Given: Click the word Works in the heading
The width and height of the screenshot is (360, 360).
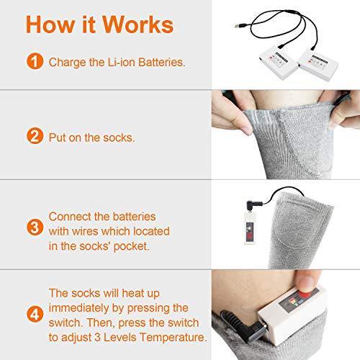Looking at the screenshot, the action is [138, 24].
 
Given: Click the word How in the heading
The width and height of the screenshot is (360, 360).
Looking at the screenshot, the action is [50, 24].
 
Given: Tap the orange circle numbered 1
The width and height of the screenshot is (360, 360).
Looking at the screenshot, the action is [35, 61].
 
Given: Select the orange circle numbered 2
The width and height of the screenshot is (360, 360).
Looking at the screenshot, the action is [35, 136].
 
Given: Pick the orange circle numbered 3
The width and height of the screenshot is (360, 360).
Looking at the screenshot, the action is [35, 227].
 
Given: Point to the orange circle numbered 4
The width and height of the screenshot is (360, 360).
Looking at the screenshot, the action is [35, 314].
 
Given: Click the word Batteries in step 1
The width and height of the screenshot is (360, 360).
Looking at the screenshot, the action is [162, 63].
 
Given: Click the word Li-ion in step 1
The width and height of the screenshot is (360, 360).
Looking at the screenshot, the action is [122, 63].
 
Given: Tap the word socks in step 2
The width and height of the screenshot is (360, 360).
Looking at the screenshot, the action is [119, 138].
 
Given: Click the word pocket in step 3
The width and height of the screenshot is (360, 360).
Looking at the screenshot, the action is [131, 247].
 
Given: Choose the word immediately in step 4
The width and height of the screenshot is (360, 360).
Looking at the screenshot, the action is [78, 308].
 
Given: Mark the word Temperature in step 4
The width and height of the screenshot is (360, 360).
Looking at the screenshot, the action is [173, 337].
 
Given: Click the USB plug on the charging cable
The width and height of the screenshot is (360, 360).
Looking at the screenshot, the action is [239, 26].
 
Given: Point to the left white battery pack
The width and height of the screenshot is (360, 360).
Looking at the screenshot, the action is [279, 64].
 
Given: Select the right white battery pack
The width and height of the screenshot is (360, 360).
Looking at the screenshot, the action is [318, 66].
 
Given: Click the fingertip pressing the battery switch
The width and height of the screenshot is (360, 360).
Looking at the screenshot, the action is [307, 283].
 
